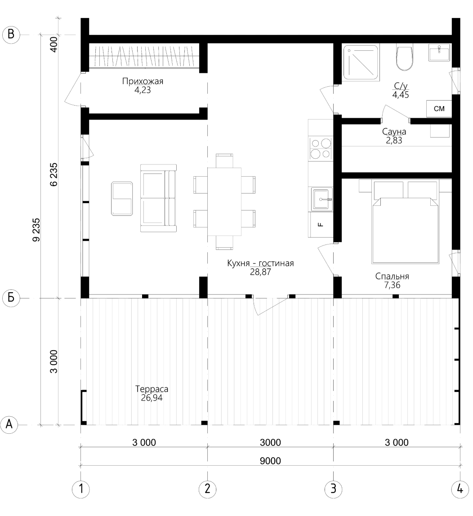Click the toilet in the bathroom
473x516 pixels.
tap(405, 58)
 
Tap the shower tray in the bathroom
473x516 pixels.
tap(361, 62)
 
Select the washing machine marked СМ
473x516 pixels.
tap(439, 109)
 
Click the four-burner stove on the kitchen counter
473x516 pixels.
tap(321, 149)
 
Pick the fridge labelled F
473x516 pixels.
tap(321, 225)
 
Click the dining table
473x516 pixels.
tap(224, 202)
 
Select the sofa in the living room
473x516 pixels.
tap(158, 198)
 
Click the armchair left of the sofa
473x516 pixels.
tap(122, 199)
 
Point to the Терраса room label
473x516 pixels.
tap(152, 389)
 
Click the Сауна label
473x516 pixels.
tap(394, 132)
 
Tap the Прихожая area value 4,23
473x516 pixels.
tap(143, 90)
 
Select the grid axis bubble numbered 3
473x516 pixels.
tap(333, 488)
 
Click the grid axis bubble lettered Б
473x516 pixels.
tap(11, 298)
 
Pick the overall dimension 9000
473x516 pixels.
tap(270, 461)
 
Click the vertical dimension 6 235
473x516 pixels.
tap(54, 174)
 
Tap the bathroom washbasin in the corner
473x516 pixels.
tap(439, 53)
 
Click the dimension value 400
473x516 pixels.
tap(54, 44)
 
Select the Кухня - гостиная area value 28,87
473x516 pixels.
tap(260, 272)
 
